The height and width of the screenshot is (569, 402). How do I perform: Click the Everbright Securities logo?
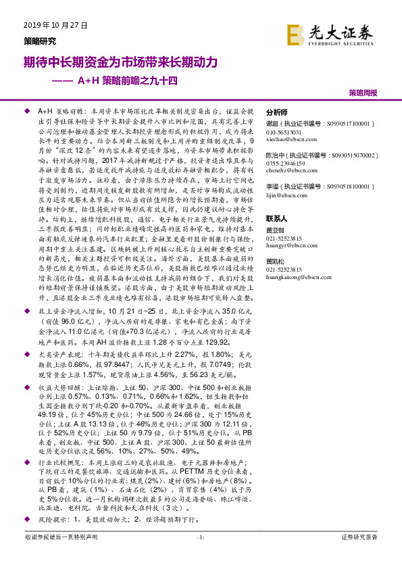coord(338,32)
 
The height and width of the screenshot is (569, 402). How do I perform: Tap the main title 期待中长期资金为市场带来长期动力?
coord(120,62)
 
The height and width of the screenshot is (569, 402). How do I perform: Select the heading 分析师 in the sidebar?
coord(277,113)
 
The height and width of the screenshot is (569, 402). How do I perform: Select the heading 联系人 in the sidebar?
coord(277,219)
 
